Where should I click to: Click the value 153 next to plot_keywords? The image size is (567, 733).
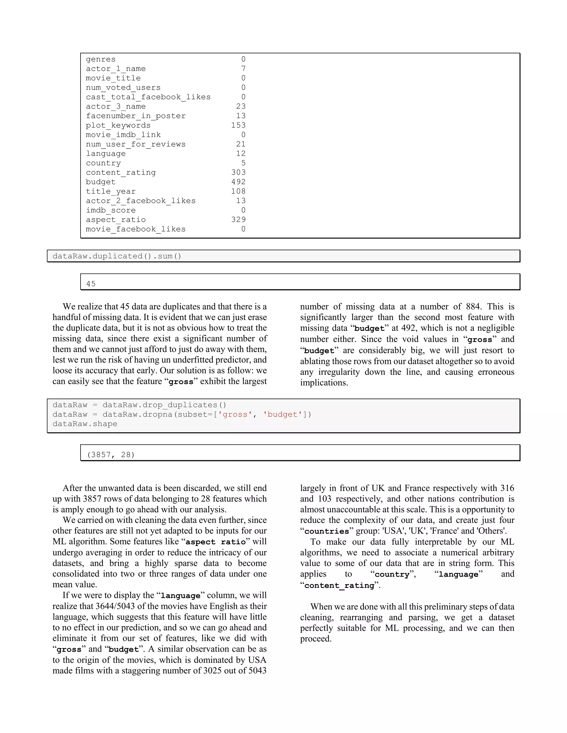pos(238,125)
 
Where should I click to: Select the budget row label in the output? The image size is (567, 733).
pos(100,182)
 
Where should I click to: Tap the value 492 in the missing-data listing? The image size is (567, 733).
pos(238,182)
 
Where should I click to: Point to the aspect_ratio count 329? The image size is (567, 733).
pos(238,220)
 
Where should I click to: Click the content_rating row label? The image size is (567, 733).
pos(121,173)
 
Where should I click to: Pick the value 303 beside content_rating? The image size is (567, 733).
pos(238,173)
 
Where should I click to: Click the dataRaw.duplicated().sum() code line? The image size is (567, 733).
pos(117,256)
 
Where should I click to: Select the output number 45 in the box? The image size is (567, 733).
pos(91,284)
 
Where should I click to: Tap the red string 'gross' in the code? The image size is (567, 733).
pos(235,415)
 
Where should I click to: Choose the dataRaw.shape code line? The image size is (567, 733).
pos(85,424)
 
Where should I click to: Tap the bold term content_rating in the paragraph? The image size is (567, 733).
pos(339,585)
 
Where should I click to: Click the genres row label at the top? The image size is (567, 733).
pos(100,59)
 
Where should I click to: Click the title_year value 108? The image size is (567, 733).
pos(238,191)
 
